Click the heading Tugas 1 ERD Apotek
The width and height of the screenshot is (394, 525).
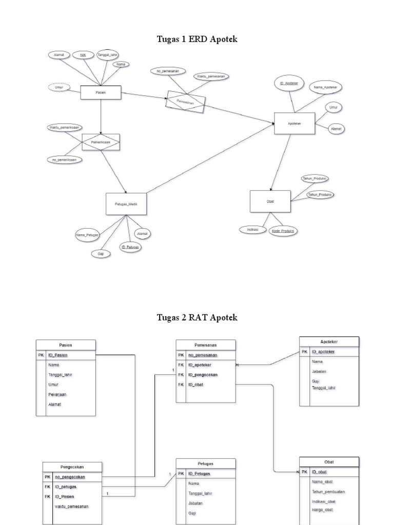197,39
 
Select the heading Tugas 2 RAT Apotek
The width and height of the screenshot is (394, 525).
197,317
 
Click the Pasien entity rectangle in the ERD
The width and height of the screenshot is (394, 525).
101,92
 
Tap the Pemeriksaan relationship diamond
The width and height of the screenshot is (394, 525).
101,142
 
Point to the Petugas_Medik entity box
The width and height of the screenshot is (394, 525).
126,204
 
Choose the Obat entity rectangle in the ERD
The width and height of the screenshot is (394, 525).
270,201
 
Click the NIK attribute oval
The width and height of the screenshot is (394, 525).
83,54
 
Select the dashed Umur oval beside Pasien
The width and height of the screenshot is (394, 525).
60,88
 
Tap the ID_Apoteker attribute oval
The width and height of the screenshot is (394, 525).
289,83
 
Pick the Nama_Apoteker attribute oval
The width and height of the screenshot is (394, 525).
324,88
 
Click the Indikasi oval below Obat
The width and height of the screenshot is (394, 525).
251,230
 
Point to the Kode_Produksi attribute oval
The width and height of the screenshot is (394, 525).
284,231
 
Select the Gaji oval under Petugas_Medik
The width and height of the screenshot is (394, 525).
100,253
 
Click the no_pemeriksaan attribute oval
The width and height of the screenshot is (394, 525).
65,159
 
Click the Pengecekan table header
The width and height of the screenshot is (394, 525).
73,467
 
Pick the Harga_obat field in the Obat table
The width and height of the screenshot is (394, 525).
322,510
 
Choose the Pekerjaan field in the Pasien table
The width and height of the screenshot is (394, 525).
57,394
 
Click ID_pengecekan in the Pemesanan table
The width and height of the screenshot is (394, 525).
203,375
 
